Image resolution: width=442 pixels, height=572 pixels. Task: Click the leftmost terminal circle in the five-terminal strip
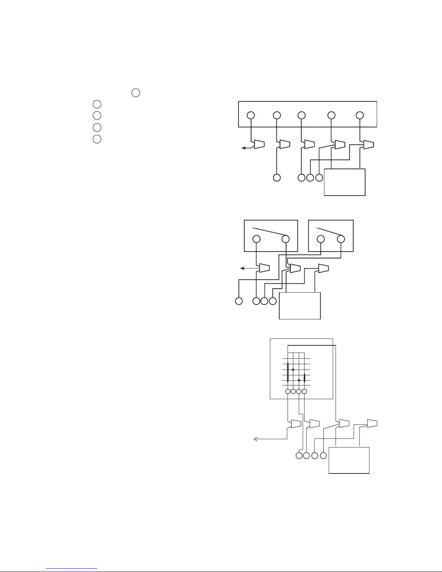[251, 115]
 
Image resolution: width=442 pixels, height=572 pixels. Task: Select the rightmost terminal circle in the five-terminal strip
[359, 115]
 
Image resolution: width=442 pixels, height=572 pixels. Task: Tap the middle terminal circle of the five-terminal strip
[301, 115]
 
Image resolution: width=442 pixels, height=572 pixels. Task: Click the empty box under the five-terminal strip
[345, 182]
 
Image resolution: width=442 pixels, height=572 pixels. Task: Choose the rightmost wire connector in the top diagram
[368, 145]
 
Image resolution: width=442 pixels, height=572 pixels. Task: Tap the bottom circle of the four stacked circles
[96, 139]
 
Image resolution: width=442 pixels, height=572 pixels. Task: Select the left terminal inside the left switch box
[257, 239]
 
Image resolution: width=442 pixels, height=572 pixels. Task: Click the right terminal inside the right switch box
[341, 239]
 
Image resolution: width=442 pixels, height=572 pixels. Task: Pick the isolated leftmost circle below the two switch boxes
[238, 301]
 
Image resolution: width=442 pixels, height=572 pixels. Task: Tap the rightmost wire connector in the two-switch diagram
[323, 268]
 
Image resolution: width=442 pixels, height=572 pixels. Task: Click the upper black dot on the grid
[293, 370]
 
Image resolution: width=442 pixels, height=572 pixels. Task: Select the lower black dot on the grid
[299, 380]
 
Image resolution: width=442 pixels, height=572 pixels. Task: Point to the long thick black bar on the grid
[288, 372]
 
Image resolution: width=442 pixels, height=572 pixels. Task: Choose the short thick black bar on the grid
[305, 378]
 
